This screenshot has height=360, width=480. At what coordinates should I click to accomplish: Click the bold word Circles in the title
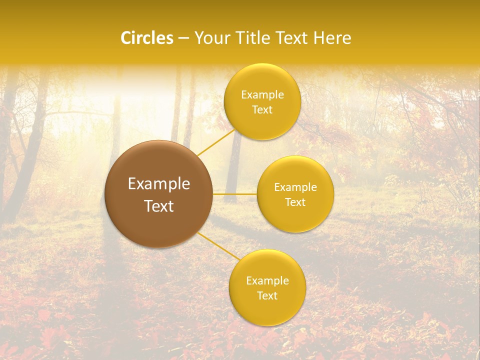147,38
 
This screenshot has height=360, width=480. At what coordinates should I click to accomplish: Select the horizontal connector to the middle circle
234,193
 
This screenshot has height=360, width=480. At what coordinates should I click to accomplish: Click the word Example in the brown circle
159,184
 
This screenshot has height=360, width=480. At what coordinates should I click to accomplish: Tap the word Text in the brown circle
159,206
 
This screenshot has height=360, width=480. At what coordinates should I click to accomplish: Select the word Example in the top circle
262,95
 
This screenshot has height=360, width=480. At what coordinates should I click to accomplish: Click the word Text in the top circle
262,109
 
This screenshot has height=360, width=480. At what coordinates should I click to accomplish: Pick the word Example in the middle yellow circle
295,187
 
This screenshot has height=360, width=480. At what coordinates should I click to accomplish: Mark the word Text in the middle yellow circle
295,202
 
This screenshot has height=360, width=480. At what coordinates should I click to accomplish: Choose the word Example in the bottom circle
267,281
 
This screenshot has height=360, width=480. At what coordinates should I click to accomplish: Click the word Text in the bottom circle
267,295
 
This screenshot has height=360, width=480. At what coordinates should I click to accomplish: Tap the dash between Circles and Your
183,38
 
